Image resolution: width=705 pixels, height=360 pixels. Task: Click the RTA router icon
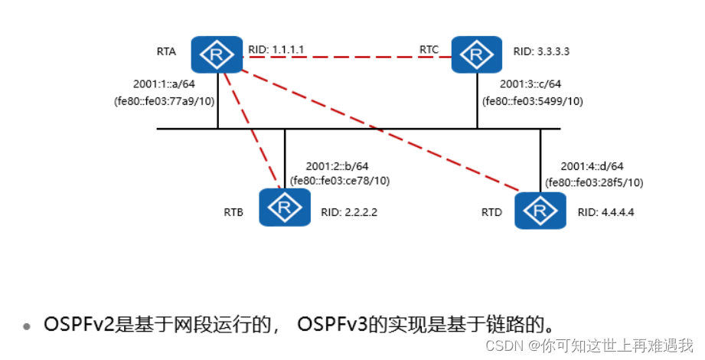[217, 54]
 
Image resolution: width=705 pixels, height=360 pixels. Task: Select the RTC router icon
[477, 54]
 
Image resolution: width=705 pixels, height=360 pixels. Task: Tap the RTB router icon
[284, 207]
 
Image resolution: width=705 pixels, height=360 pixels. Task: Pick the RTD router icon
[540, 211]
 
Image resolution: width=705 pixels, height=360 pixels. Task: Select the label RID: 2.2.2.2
[348, 212]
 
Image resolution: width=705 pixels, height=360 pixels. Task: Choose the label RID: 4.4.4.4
[606, 212]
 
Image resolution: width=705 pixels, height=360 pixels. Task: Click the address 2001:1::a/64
[165, 85]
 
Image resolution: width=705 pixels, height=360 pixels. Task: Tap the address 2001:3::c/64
[530, 85]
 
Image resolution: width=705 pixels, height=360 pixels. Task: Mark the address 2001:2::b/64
[337, 166]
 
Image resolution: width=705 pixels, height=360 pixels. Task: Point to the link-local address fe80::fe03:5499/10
[532, 100]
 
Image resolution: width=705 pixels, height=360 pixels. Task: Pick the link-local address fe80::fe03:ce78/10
[340, 181]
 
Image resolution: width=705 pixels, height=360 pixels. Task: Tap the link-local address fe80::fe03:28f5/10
[594, 182]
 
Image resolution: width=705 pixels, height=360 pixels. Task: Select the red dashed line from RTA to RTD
[383, 130]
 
